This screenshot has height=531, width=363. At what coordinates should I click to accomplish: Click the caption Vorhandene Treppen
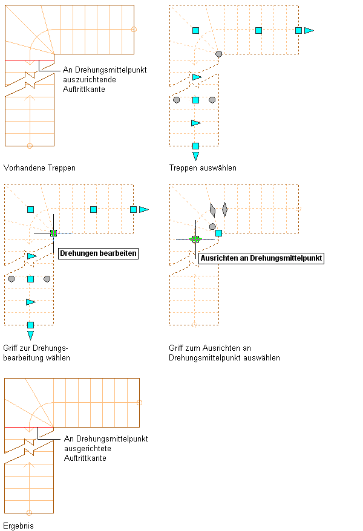[x=39, y=168]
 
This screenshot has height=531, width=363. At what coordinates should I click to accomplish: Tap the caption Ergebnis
[x=19, y=526]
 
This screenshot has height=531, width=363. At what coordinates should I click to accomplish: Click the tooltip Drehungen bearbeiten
[x=98, y=253]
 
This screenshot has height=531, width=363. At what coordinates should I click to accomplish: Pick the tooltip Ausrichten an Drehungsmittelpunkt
[x=261, y=258]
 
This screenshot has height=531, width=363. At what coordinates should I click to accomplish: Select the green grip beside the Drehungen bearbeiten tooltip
[x=53, y=233]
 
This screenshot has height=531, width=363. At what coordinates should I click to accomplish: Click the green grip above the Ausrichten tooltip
[x=195, y=239]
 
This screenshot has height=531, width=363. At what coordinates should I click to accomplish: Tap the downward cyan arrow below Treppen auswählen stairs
[x=195, y=156]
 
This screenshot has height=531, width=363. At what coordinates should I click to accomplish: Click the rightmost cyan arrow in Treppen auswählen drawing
[x=309, y=30]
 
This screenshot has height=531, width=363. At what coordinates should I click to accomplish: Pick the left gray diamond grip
[x=212, y=210]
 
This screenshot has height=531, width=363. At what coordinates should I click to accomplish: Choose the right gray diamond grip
[x=224, y=210]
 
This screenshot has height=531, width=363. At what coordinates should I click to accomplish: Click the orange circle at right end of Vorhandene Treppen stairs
[x=134, y=29]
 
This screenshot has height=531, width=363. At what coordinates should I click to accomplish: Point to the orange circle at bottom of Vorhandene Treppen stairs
[x=30, y=145]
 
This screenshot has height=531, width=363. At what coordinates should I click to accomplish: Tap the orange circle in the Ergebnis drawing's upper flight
[x=139, y=402]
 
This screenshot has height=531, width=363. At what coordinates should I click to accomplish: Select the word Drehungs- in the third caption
[x=52, y=348]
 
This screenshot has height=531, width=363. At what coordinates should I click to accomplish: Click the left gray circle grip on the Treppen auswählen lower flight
[x=176, y=100]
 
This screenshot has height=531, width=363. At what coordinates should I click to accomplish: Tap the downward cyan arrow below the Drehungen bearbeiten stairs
[x=30, y=335]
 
